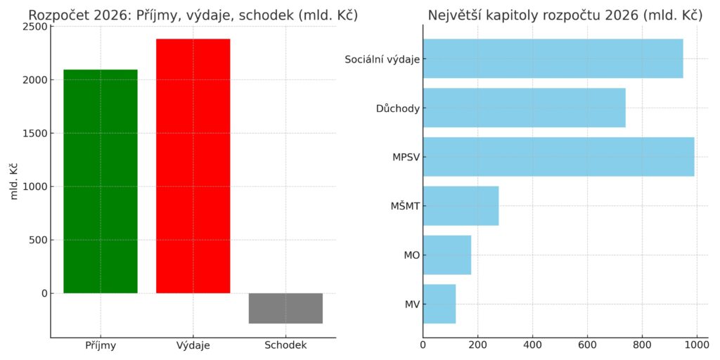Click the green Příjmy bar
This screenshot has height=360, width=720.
(x=100, y=181)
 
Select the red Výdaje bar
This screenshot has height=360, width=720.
(x=193, y=165)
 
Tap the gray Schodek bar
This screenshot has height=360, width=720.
(x=285, y=308)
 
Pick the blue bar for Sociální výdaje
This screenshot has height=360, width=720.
(x=553, y=58)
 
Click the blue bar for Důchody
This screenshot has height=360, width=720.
(x=524, y=108)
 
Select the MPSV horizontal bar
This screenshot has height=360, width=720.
(x=558, y=157)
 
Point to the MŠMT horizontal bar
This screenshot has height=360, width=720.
(x=461, y=206)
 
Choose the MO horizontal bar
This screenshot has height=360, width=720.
(x=446, y=255)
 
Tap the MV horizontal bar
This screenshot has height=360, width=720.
(x=439, y=304)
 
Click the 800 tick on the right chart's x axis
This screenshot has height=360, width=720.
(x=642, y=345)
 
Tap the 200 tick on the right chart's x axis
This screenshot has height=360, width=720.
(x=477, y=345)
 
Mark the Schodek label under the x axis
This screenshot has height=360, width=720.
(x=285, y=345)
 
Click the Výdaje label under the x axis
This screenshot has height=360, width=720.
(x=193, y=345)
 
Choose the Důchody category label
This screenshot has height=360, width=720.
(x=397, y=108)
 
